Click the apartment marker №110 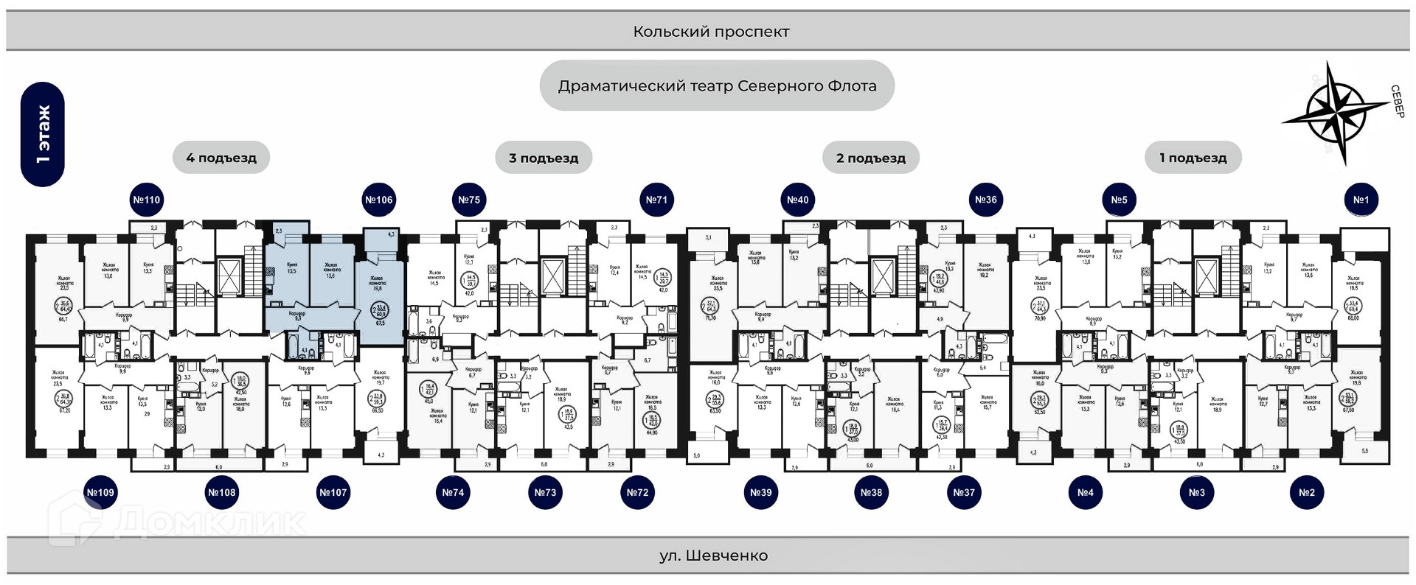[x=146, y=200]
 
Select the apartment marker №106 [x=379, y=200]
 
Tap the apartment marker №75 [x=469, y=200]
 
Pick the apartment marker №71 [x=656, y=200]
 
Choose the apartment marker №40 [x=797, y=200]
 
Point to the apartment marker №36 [x=986, y=200]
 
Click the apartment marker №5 [x=1119, y=200]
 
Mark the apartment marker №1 [x=1361, y=200]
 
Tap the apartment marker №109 [x=100, y=492]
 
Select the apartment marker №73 [x=545, y=492]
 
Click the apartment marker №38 [x=871, y=492]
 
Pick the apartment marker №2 [x=1306, y=492]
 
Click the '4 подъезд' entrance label [x=221, y=158]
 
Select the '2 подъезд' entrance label [x=870, y=158]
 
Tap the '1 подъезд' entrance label [x=1193, y=158]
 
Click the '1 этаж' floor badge [x=43, y=134]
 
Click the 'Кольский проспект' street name [x=711, y=32]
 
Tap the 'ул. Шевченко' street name [x=713, y=556]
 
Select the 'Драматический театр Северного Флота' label [x=717, y=85]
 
